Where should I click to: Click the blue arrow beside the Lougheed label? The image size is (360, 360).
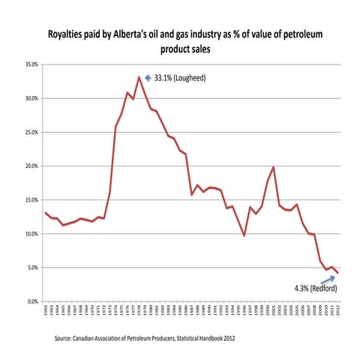148,76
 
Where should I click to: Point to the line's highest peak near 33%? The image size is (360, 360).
139,77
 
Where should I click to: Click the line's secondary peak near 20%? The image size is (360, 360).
274,167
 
